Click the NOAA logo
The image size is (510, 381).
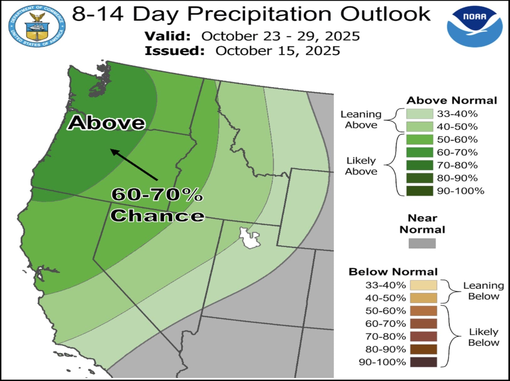pos(475,26)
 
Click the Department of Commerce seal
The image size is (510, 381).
pos(37,26)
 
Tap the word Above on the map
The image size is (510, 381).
pos(107,123)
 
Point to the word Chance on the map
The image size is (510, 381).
pos(157,216)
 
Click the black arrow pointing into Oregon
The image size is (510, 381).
pos(134,165)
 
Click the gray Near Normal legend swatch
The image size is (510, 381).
pos(422,243)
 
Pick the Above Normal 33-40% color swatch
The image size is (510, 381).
pos(419,114)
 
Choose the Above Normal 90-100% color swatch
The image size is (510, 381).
pos(419,191)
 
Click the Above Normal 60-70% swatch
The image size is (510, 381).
pos(419,152)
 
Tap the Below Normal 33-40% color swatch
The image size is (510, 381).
pos(423,285)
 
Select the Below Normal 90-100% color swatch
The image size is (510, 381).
pos(423,362)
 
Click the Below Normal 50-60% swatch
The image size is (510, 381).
pos(423,311)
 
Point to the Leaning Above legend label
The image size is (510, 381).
pos(361,120)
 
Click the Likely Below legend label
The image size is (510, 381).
pos(483,337)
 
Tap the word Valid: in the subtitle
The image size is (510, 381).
pos(168,36)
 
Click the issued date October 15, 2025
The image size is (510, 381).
pos(278,51)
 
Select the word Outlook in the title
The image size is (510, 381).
pos(385,14)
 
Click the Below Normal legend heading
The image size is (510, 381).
pos(393,272)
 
